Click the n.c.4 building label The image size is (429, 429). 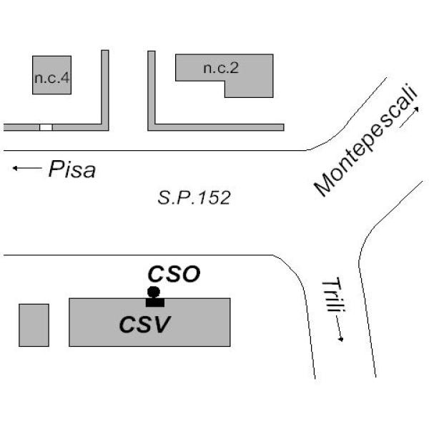(52, 78)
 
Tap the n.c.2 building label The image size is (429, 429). (221, 68)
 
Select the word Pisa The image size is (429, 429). (72, 169)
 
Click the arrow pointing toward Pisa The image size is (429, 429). (27, 168)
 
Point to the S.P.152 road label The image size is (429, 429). (194, 197)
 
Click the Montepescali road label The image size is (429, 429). (366, 139)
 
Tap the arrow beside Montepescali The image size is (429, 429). (409, 117)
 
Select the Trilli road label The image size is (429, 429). (334, 295)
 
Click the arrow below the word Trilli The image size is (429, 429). (339, 329)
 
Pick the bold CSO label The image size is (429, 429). (174, 274)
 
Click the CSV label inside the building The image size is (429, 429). (145, 324)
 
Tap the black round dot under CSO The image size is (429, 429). (154, 292)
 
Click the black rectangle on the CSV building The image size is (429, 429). (155, 302)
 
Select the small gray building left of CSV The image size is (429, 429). (34, 325)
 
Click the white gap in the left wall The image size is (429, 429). (46, 127)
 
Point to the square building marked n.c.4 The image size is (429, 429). (51, 75)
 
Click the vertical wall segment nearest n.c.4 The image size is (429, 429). (105, 87)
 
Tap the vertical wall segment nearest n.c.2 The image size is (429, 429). (152, 87)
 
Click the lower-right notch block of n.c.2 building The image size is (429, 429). (249, 89)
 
